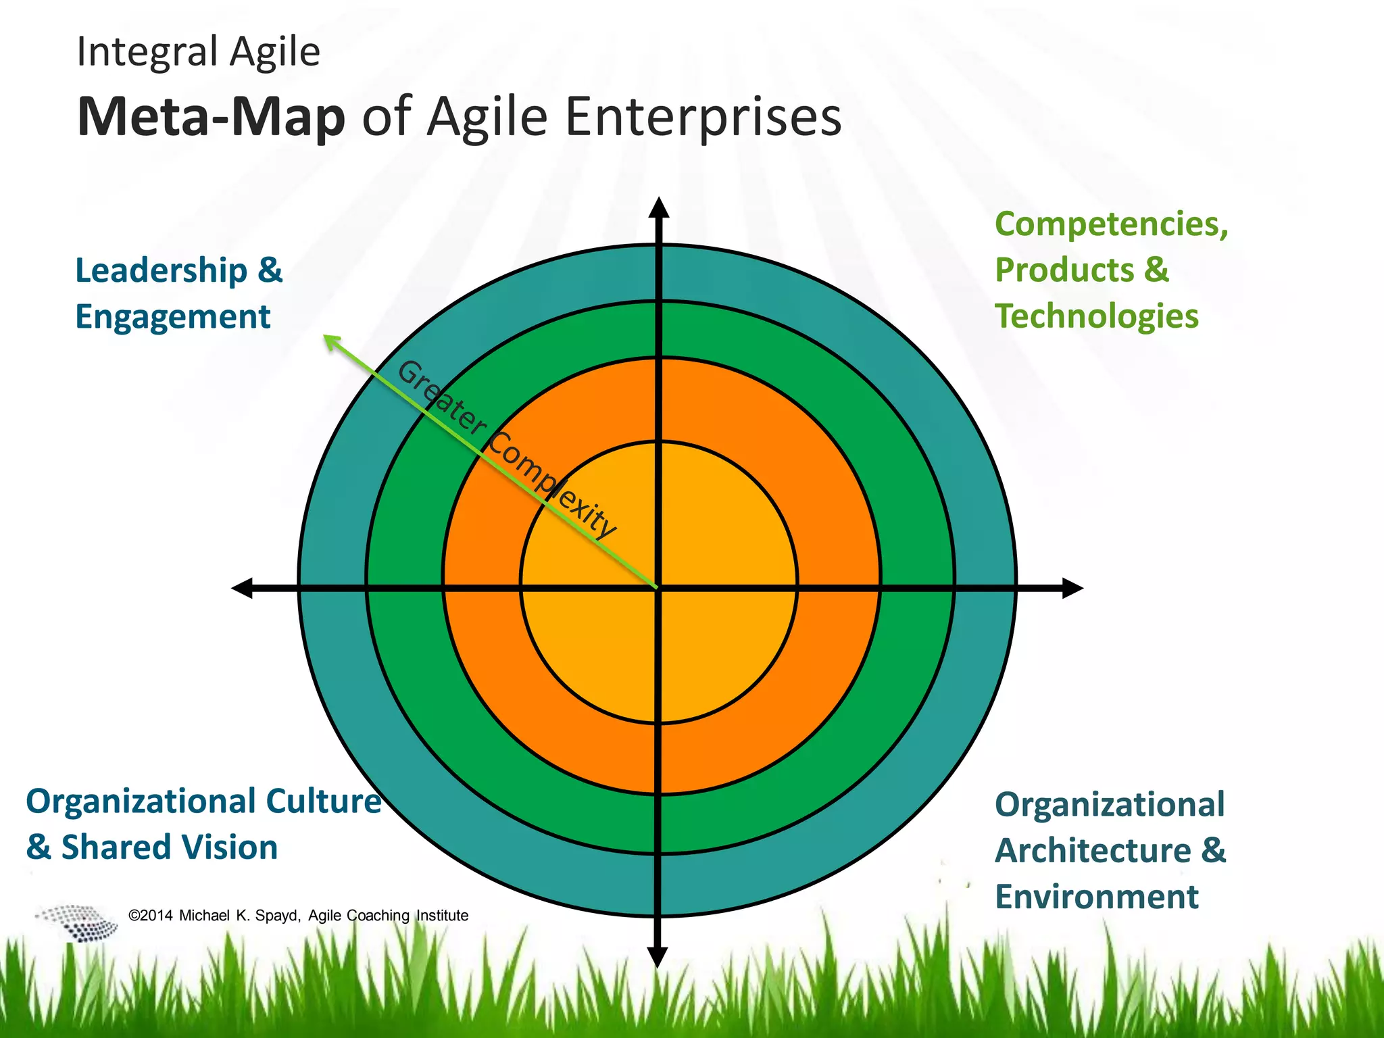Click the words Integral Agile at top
coord(198,52)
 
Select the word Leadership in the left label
coord(162,271)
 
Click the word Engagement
coord(173,317)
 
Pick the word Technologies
coord(1096,316)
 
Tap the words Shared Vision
coord(170,847)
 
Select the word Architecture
coord(1093,850)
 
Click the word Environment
coord(1096,897)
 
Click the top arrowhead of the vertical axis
coord(658,206)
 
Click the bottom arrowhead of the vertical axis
coord(658,956)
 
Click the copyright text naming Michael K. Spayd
coord(297,916)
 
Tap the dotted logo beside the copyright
coord(78,922)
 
